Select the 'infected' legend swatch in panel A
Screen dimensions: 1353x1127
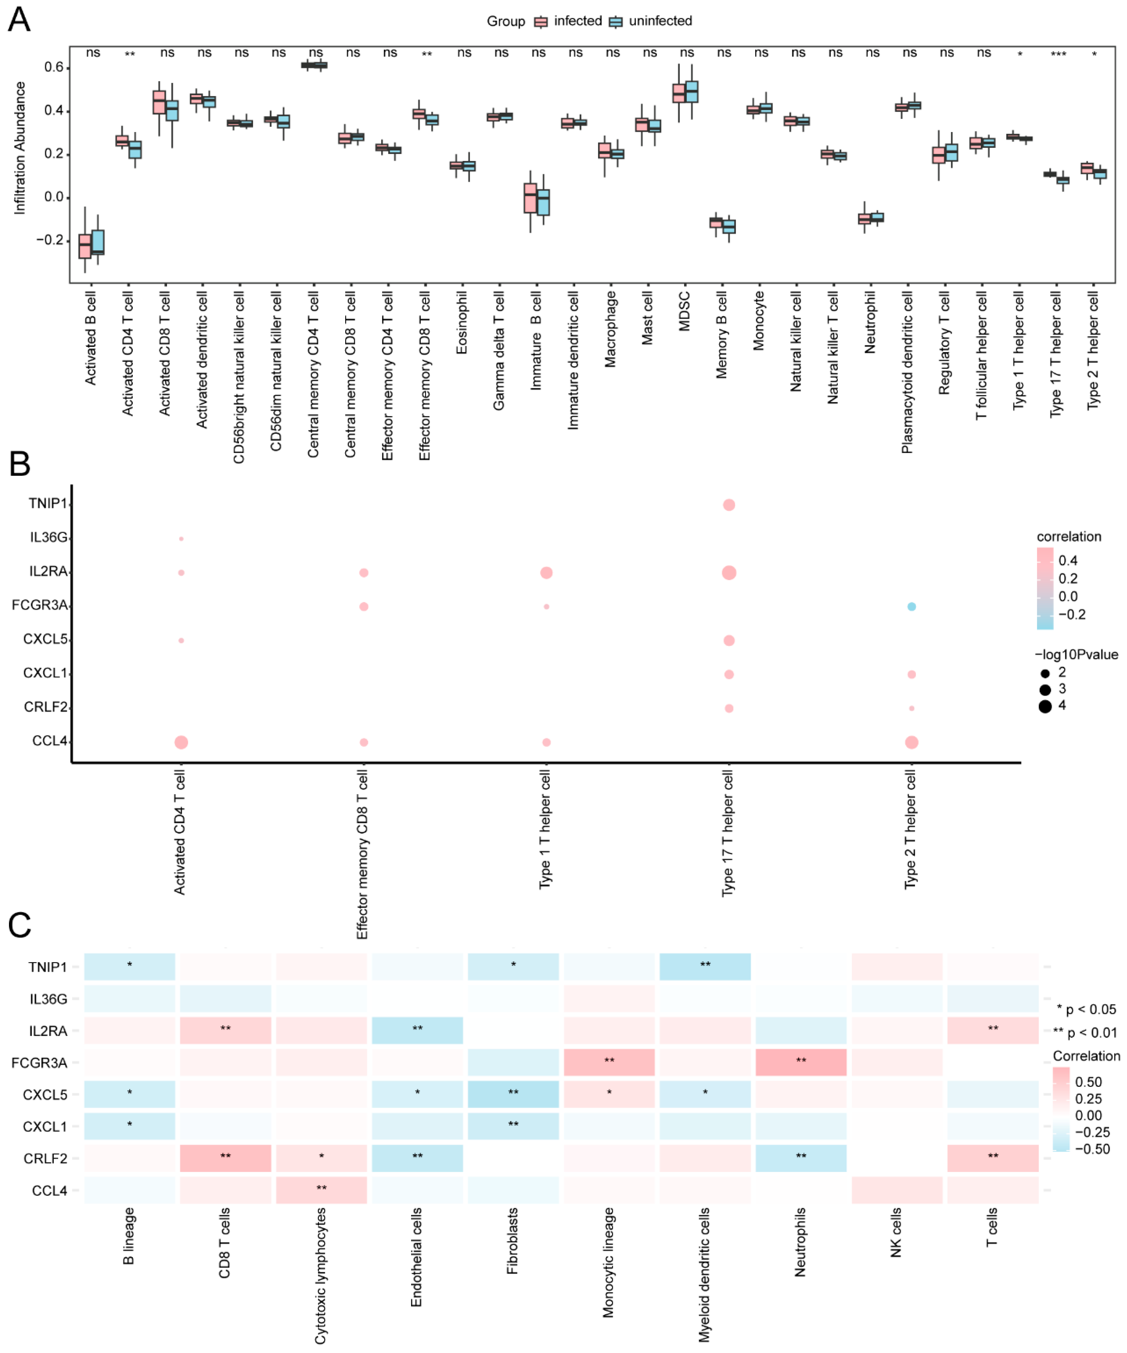541,22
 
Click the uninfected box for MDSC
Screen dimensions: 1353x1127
691,91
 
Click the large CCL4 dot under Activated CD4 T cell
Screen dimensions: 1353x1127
181,742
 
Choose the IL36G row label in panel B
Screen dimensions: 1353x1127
48,537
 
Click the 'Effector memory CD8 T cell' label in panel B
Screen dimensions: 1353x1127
362,854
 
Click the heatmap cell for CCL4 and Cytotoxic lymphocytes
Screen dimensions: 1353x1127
321,1190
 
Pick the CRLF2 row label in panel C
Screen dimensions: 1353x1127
45,1159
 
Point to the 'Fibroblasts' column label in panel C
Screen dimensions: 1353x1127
512,1240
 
